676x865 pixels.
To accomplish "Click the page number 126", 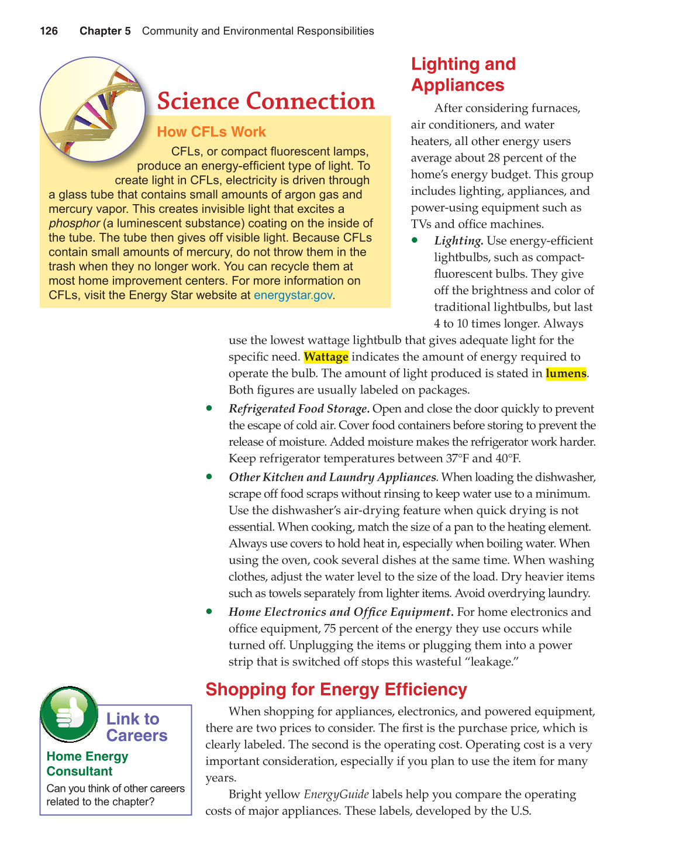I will tap(49, 31).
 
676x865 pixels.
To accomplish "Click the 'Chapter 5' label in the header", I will tap(105, 31).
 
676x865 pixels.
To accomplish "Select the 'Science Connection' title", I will tap(266, 101).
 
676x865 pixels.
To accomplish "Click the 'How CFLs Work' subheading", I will tap(211, 132).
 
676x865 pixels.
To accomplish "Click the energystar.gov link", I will tap(293, 295).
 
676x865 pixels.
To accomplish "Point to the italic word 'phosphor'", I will tap(74, 223).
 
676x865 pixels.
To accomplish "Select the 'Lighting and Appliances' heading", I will tap(463, 74).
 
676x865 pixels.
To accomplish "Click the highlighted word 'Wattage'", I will tap(326, 357).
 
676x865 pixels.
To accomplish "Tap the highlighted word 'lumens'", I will tap(565, 374).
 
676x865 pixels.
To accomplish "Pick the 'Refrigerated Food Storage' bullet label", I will tap(298, 409).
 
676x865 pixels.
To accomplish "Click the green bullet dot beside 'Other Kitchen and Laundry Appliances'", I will tap(209, 477).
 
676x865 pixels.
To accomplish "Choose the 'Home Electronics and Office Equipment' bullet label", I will tap(340, 612).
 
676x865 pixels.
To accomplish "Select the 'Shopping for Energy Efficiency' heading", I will tap(336, 690).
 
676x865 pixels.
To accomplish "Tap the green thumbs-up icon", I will tap(69, 714).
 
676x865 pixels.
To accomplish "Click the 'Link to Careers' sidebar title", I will tap(136, 727).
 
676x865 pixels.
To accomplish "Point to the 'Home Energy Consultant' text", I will tap(87, 764).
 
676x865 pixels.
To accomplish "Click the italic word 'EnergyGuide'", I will tap(336, 794).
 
